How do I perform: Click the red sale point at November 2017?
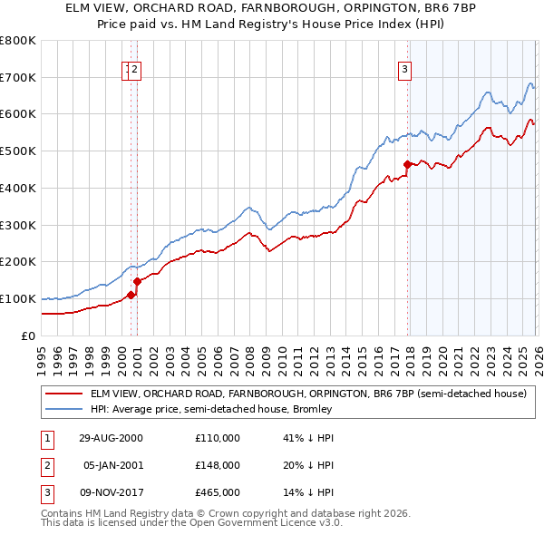[407, 164]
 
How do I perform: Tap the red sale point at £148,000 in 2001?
[137, 281]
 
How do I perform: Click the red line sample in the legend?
[63, 394]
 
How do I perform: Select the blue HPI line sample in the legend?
[63, 409]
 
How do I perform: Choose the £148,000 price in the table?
[218, 465]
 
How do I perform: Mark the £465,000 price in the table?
[218, 493]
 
